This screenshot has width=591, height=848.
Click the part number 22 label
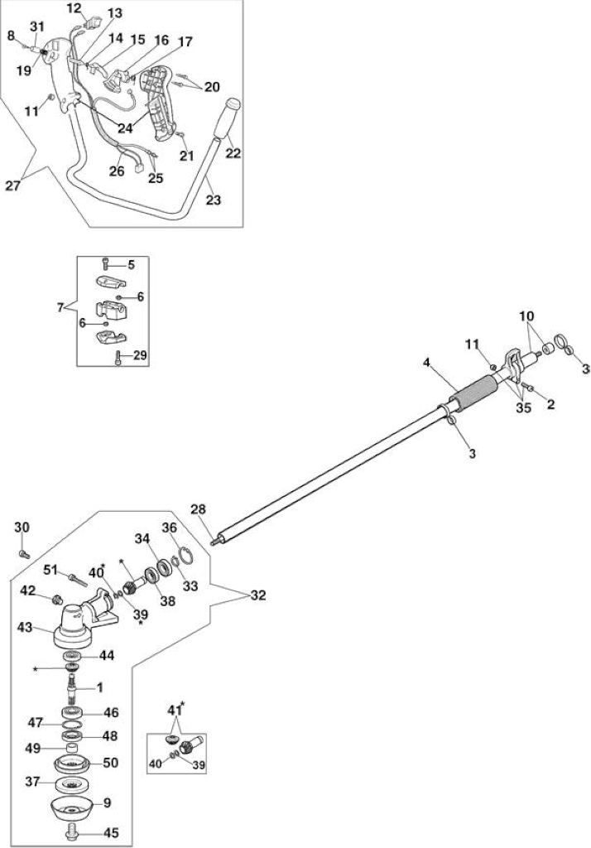point(233,153)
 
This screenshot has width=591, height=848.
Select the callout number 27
point(13,185)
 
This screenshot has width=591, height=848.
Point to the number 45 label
point(112,832)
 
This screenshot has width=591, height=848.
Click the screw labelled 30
point(24,554)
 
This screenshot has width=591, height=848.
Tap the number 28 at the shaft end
point(199,509)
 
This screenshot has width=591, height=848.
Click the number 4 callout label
point(427,363)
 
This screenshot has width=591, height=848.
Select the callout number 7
point(60,307)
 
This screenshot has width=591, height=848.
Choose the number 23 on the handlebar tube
point(214,200)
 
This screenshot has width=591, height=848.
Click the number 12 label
point(73,8)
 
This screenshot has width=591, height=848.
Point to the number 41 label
point(173,710)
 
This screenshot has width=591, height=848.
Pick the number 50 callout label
point(110,762)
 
